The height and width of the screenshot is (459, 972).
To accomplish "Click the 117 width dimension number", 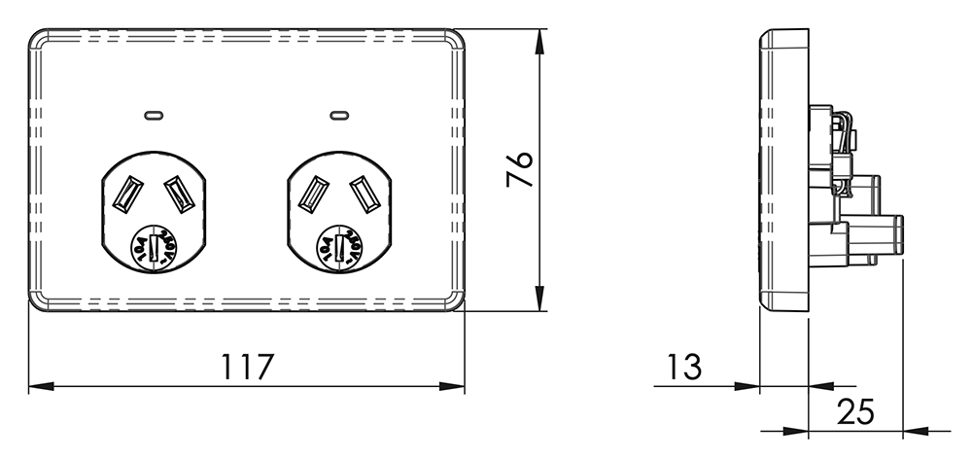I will (x=248, y=367).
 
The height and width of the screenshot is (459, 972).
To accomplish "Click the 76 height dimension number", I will (x=519, y=170).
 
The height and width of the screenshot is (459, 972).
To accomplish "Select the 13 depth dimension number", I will (x=684, y=367).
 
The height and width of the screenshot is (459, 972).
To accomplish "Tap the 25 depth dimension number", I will (x=855, y=411).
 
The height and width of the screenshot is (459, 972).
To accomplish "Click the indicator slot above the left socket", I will (x=154, y=115).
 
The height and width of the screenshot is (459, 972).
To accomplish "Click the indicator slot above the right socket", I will (x=338, y=115).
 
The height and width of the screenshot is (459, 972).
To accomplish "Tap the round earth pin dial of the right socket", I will (x=339, y=248).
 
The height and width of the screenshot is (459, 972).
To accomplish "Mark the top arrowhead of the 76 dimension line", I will (x=539, y=35).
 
